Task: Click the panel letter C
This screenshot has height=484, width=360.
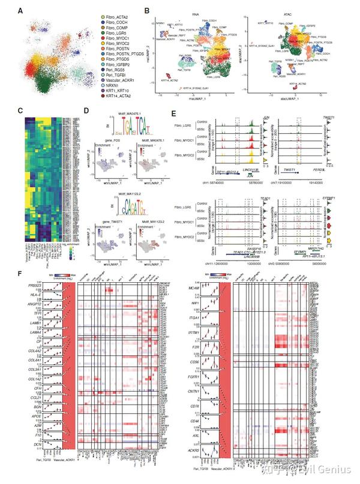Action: tap(21, 110)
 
